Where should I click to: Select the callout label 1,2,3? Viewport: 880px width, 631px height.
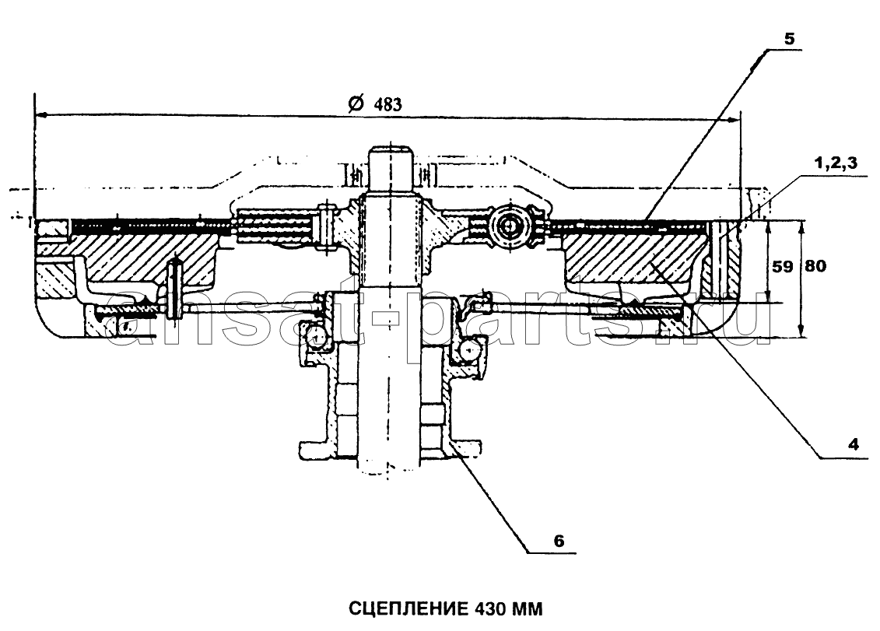click(x=836, y=163)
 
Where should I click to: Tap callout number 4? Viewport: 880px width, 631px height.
click(x=853, y=445)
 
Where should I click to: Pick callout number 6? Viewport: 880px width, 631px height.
click(x=559, y=542)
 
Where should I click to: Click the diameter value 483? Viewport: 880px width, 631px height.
click(x=387, y=104)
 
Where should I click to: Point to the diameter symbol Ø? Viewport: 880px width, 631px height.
click(x=356, y=103)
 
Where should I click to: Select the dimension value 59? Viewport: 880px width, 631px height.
click(x=782, y=266)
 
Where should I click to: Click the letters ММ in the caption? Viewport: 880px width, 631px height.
click(x=527, y=608)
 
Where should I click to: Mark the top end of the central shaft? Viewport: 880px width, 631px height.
click(x=391, y=148)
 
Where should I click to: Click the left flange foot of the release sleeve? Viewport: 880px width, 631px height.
click(x=311, y=450)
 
